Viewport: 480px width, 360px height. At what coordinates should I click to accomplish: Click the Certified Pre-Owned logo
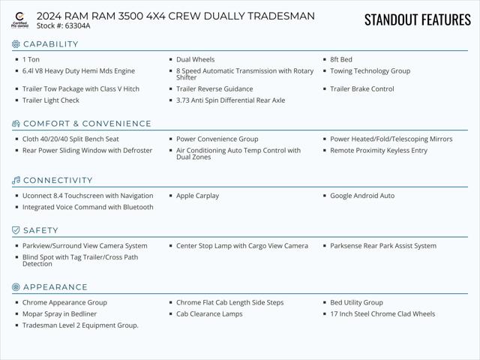pos(19,19)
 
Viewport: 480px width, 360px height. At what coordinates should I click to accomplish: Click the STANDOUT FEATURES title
pos(417,19)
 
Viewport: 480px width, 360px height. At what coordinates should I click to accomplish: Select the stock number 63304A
pos(77,26)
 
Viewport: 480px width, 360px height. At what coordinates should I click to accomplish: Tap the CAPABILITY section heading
pos(50,44)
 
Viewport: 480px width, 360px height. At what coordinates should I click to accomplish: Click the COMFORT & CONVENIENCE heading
pos(87,124)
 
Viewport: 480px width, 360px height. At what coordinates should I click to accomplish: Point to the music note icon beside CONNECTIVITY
pos(16,181)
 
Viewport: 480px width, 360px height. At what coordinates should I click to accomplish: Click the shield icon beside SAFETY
pos(16,230)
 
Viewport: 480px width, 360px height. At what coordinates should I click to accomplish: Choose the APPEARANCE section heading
pos(55,287)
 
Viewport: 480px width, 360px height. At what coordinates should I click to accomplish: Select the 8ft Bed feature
pos(340,59)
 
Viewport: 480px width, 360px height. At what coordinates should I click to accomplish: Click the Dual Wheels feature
pos(195,59)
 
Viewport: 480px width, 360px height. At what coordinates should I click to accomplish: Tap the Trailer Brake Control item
pos(361,89)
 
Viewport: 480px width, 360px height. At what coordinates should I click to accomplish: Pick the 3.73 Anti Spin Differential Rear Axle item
pos(230,100)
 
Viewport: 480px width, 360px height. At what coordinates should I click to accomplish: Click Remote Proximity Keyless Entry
pos(378,151)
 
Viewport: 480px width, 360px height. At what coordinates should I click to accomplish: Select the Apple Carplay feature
pos(197,196)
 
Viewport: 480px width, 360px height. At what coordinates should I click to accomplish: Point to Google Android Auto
pos(362,196)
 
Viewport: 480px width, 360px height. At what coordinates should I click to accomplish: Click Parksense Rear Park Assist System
pos(382,246)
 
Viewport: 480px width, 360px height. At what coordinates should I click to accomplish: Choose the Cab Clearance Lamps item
pos(209,314)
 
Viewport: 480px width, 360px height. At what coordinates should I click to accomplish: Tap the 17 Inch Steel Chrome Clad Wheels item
pos(382,314)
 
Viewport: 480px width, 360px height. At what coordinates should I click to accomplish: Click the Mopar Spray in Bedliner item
pos(59,314)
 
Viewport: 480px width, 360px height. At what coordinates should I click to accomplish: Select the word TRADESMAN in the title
pos(280,16)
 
